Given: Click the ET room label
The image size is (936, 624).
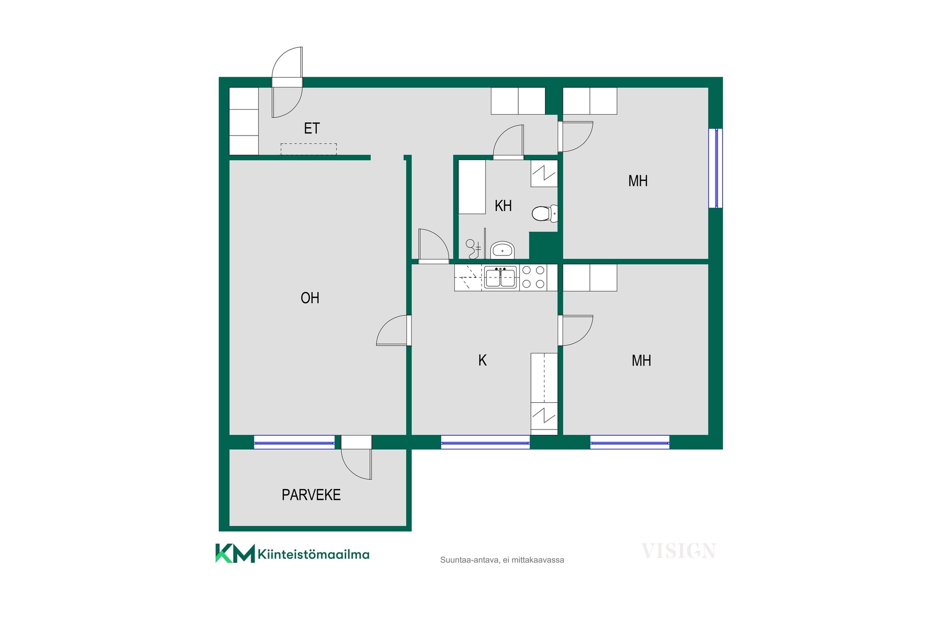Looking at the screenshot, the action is (x=312, y=128).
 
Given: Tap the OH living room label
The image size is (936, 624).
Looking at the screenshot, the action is (x=310, y=298).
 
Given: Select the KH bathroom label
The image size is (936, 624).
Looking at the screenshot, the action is (x=503, y=206).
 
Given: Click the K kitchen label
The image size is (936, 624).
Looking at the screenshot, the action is (x=483, y=360).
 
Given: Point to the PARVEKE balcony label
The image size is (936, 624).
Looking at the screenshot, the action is (x=311, y=495).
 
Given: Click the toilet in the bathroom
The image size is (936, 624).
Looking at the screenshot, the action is (x=545, y=214).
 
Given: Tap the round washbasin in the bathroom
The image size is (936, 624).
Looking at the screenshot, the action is (x=502, y=250).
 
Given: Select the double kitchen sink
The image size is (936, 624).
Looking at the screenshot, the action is (x=501, y=277).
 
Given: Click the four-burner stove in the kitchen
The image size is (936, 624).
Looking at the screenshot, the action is (x=533, y=277).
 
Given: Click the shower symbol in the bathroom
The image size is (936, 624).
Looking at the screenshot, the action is (x=473, y=249).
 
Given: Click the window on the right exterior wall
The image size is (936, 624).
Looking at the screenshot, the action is (x=716, y=168).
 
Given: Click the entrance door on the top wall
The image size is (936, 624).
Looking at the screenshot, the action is (x=287, y=82).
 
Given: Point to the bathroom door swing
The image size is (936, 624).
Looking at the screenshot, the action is (x=508, y=142).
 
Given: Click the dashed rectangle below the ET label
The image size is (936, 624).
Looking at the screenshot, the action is (x=309, y=149).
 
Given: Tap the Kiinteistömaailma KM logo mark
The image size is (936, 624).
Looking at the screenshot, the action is (x=235, y=553).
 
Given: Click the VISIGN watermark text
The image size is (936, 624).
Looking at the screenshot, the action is (x=679, y=551).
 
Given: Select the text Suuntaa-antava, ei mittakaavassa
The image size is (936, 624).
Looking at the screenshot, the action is (x=502, y=560).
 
